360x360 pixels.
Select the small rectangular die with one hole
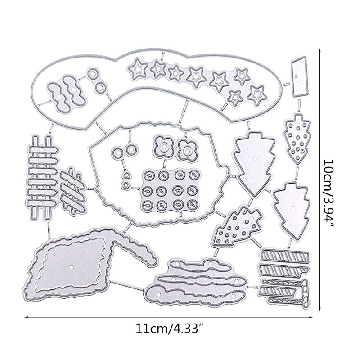point(297,77)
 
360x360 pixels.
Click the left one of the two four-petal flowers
point(163,146)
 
